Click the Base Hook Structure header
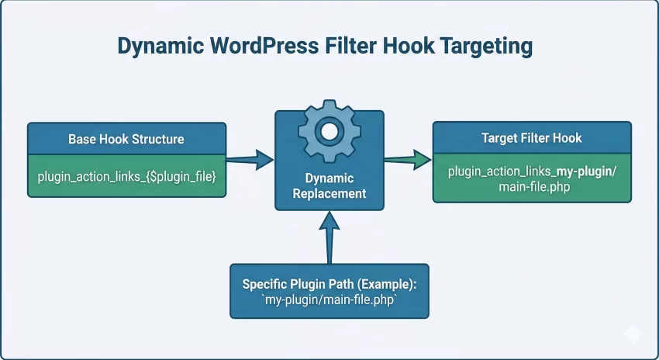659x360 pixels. click(126, 139)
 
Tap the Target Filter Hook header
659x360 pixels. click(531, 138)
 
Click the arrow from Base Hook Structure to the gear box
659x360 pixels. click(250, 161)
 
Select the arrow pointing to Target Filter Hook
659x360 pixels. click(408, 160)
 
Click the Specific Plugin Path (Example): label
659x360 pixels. click(329, 285)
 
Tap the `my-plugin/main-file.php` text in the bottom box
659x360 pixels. click(329, 301)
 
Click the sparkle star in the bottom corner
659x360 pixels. click(632, 335)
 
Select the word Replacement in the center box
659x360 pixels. click(329, 193)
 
